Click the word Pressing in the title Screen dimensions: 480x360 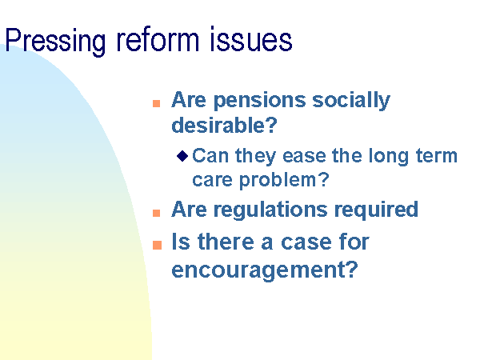click(x=55, y=42)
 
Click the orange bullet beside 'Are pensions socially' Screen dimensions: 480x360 click(x=157, y=103)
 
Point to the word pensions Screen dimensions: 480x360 click(x=259, y=102)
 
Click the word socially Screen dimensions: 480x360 click(x=351, y=102)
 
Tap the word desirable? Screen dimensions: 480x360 click(x=224, y=125)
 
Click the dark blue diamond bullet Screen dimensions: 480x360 click(x=182, y=156)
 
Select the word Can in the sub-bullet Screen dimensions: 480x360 click(x=210, y=155)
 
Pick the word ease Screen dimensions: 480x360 click(x=304, y=156)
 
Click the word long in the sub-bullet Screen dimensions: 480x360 click(x=389, y=157)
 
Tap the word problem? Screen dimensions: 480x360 click(x=284, y=180)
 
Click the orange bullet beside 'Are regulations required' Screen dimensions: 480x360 click(x=157, y=213)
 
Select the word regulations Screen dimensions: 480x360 click(x=270, y=210)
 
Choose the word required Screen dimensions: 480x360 click(x=376, y=210)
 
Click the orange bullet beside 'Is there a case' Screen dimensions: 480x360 click(x=157, y=246)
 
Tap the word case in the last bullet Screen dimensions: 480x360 click(x=306, y=242)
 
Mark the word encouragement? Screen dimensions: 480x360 click(x=265, y=270)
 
